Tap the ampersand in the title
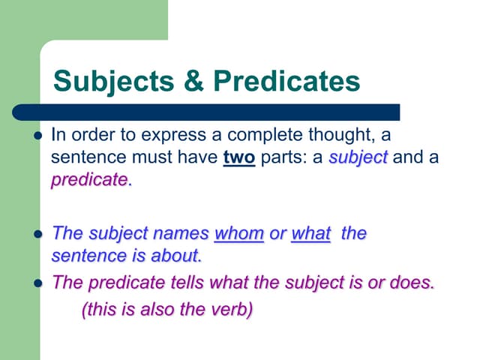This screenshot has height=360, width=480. tap(194, 82)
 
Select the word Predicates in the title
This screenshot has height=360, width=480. tap(286, 82)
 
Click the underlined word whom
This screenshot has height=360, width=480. tap(238, 233)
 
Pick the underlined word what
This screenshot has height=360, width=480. tap(310, 233)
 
